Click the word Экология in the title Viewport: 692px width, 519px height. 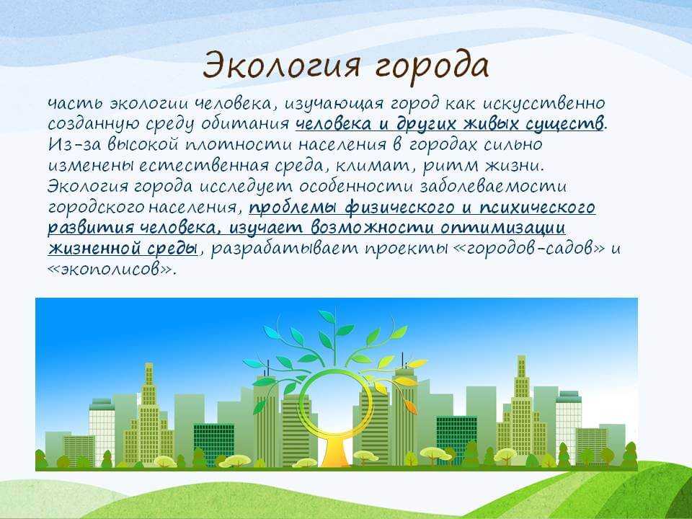click(x=281, y=66)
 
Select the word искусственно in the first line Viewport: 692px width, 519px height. click(x=544, y=103)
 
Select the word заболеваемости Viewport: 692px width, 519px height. click(x=492, y=186)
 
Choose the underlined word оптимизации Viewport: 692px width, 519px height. click(x=502, y=228)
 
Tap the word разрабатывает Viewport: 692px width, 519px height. click(x=285, y=249)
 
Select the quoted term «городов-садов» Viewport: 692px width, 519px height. click(x=528, y=249)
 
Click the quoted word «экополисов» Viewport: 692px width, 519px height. click(x=110, y=269)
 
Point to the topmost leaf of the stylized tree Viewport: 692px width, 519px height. click(x=327, y=316)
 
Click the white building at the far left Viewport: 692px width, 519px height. click(x=102, y=429)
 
